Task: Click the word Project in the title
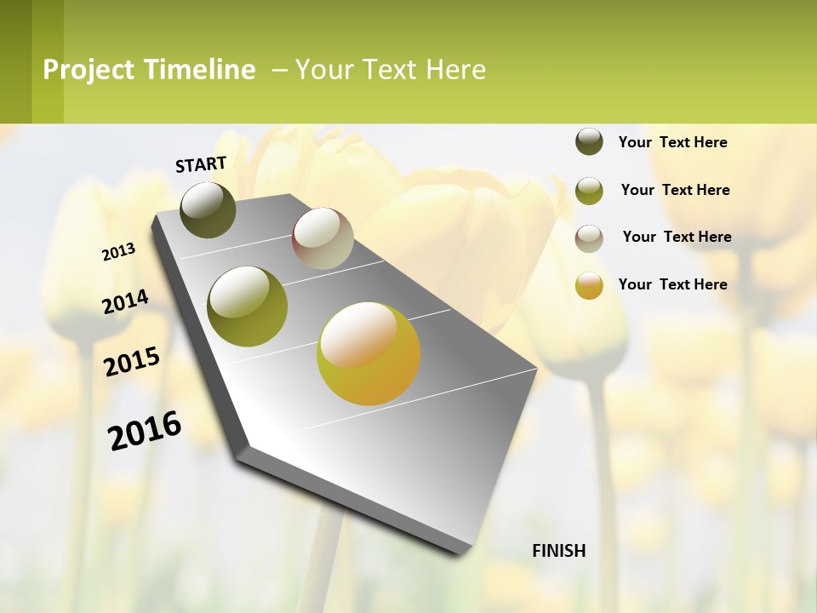pyautogui.click(x=89, y=70)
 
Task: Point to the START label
pyautogui.click(x=201, y=164)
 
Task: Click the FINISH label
pyautogui.click(x=559, y=551)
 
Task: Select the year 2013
pyautogui.click(x=119, y=252)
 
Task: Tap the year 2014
pyautogui.click(x=125, y=301)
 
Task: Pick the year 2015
pyautogui.click(x=132, y=362)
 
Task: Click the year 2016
pyautogui.click(x=145, y=431)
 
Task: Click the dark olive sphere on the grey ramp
pyautogui.click(x=208, y=209)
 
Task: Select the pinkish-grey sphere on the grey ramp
pyautogui.click(x=323, y=238)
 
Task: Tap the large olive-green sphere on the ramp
pyautogui.click(x=247, y=306)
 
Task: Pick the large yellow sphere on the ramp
pyautogui.click(x=369, y=352)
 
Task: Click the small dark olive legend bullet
pyautogui.click(x=589, y=141)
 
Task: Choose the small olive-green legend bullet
pyautogui.click(x=589, y=190)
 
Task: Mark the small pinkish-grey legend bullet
pyautogui.click(x=589, y=238)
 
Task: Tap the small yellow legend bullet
pyautogui.click(x=589, y=285)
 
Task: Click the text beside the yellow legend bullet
pyautogui.click(x=672, y=284)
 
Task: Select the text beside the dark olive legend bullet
pyautogui.click(x=672, y=142)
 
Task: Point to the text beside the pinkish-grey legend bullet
pyautogui.click(x=677, y=237)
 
